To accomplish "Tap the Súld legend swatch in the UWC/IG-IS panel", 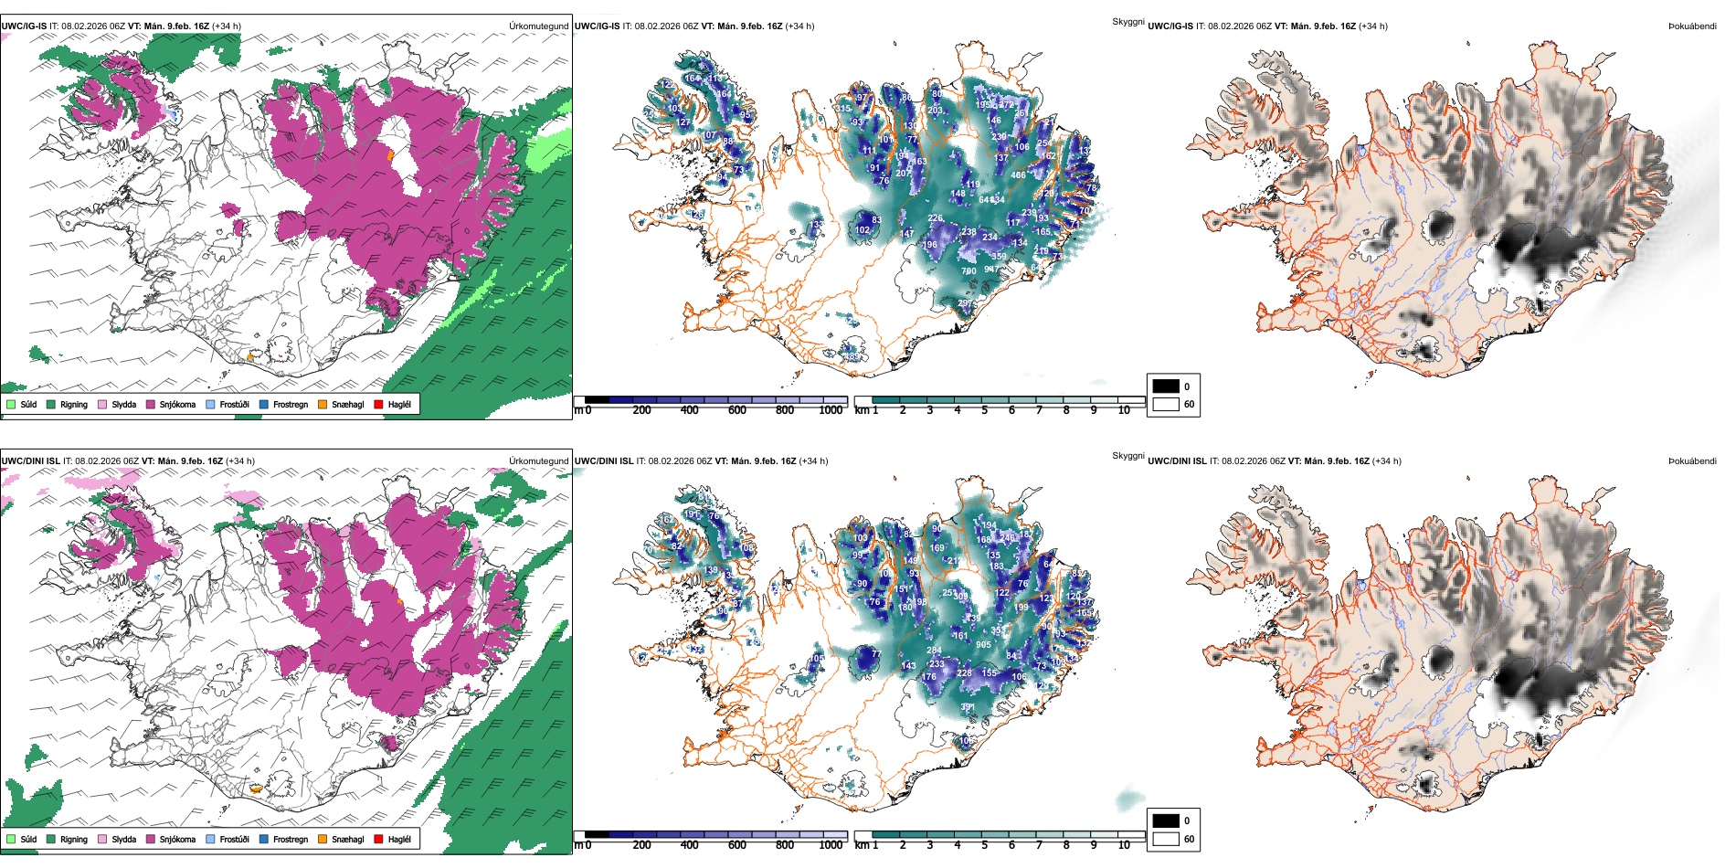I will click(x=11, y=404).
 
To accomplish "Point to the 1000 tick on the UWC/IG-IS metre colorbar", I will click(x=831, y=410).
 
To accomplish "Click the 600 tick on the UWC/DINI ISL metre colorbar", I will click(x=737, y=845).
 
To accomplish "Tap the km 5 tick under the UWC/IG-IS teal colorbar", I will click(x=984, y=410).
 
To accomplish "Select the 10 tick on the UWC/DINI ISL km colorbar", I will click(x=1124, y=845).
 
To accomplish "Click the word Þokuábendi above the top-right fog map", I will click(x=1692, y=26).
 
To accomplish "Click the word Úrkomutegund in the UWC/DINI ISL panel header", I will click(x=538, y=461).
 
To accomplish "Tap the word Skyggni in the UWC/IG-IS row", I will click(x=1127, y=21).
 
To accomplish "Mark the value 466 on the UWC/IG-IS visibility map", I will click(x=1019, y=175).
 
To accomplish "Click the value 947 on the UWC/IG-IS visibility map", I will click(x=992, y=270).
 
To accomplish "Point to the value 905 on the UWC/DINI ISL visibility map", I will click(x=983, y=644).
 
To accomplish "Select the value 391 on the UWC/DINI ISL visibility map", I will click(x=968, y=706).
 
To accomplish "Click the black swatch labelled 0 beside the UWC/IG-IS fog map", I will click(x=1166, y=386).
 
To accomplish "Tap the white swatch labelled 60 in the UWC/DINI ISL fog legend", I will click(x=1166, y=839).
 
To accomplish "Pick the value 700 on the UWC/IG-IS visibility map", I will click(x=969, y=271).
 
